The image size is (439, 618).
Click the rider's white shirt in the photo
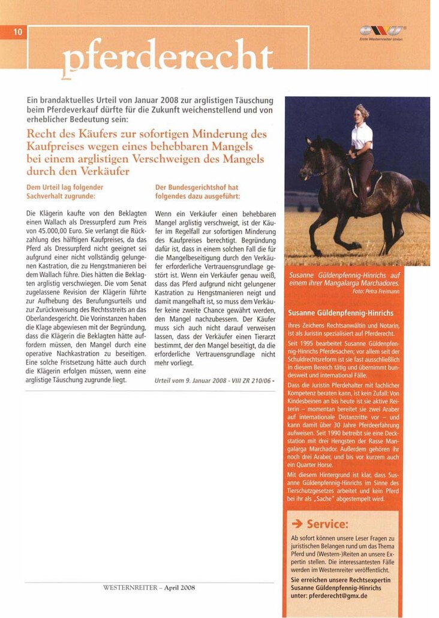click(362, 136)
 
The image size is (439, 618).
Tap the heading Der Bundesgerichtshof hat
click(196, 187)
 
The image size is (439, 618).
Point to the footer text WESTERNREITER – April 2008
click(150, 588)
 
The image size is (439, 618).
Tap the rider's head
click(362, 113)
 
